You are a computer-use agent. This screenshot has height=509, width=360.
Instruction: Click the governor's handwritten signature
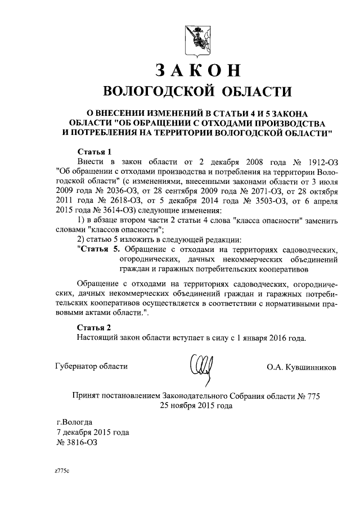[201, 366]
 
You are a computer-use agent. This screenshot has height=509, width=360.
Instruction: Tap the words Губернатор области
[92, 366]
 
